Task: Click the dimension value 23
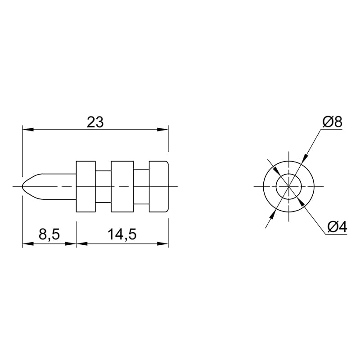(x=95, y=122)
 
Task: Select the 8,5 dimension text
(x=49, y=234)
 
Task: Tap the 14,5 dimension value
(x=122, y=234)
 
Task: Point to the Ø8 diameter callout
(x=333, y=122)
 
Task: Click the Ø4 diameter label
(x=337, y=228)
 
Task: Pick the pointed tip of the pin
(x=22, y=186)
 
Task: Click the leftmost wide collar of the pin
(x=85, y=186)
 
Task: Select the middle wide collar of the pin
(x=122, y=186)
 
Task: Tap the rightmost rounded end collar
(x=159, y=186)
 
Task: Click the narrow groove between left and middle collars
(x=103, y=186)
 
